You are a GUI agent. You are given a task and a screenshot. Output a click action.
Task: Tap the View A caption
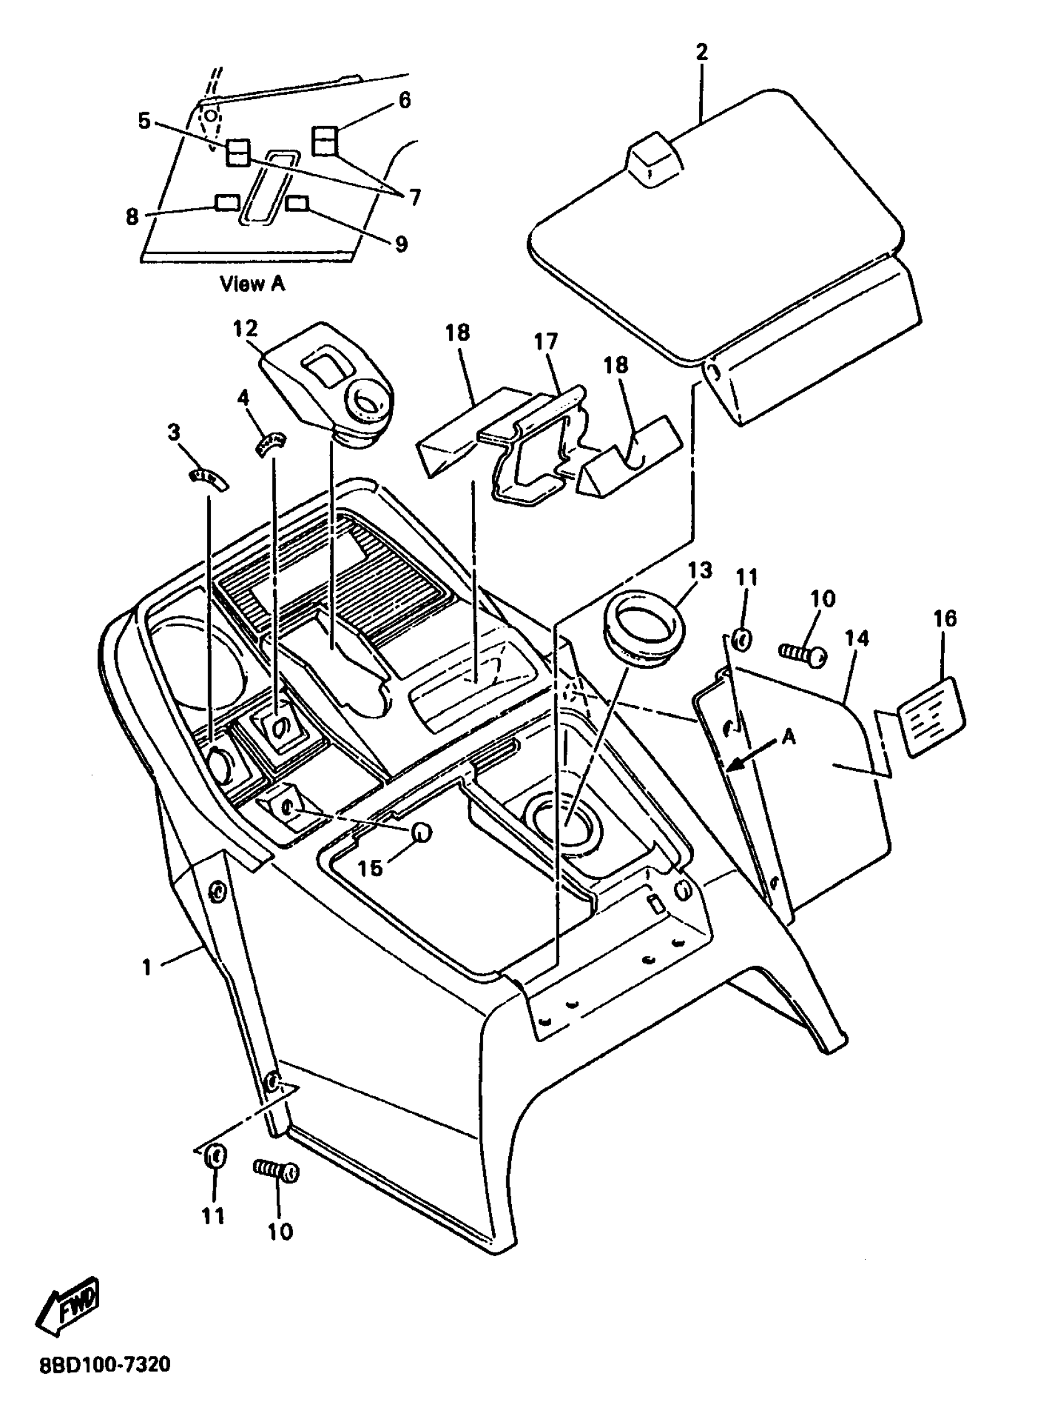[252, 284]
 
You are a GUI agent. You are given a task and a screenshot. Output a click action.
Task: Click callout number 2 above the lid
[701, 52]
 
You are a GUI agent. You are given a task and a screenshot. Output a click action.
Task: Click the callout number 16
[945, 618]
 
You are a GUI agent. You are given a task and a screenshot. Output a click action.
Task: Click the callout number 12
[245, 329]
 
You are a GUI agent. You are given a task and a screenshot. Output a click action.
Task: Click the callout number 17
[546, 341]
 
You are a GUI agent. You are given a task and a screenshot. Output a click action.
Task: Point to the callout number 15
[370, 868]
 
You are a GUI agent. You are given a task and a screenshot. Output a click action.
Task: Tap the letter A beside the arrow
[789, 738]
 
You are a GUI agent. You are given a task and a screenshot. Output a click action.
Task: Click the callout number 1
[147, 967]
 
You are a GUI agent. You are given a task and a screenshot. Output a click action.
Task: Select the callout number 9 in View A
[400, 245]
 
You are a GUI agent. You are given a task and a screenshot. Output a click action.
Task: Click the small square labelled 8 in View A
[226, 203]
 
